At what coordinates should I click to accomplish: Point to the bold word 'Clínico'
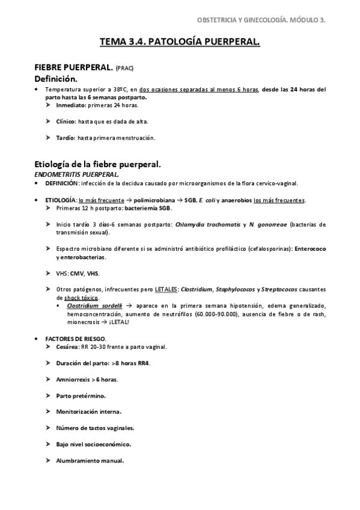tap(67, 121)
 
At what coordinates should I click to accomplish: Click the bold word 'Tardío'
tap(66, 138)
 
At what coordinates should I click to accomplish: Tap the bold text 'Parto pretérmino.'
tap(81, 396)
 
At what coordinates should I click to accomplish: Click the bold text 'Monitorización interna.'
tap(88, 412)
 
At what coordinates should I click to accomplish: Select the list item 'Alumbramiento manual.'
tap(90, 461)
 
